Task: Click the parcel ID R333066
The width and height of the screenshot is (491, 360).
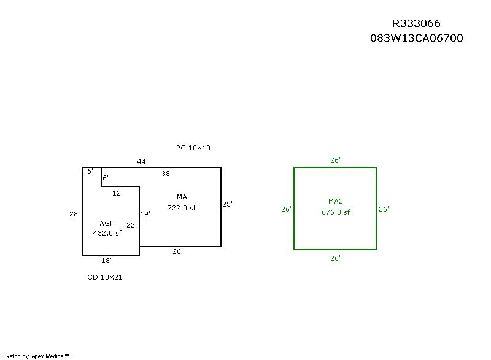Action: point(416,23)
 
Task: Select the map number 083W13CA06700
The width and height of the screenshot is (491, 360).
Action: point(417,38)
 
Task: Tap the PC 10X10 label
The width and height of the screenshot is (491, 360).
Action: point(193,148)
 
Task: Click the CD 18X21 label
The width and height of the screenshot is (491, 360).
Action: point(105,277)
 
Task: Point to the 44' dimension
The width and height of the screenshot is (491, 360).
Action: point(142,161)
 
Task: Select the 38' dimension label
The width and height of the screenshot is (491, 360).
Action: point(166,174)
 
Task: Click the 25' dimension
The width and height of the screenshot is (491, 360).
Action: point(227,204)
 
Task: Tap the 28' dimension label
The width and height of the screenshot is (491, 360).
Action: point(74,214)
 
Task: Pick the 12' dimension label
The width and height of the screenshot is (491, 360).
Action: point(117,193)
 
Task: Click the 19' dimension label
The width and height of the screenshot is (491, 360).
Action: point(145,214)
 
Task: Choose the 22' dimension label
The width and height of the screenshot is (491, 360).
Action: point(131,225)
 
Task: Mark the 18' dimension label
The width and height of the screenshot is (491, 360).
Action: point(106,261)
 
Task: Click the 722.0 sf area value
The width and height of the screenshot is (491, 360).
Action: point(182,208)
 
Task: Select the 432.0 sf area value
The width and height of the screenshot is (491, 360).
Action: point(107,233)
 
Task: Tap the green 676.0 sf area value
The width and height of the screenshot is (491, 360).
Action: point(336,212)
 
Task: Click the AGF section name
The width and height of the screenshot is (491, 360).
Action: point(106,223)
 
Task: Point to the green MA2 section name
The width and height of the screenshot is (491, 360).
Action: point(336,201)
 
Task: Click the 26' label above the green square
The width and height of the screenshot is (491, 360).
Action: point(335,160)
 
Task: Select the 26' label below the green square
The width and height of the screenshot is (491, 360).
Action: point(335,258)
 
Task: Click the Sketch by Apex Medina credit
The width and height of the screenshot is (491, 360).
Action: point(36,356)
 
